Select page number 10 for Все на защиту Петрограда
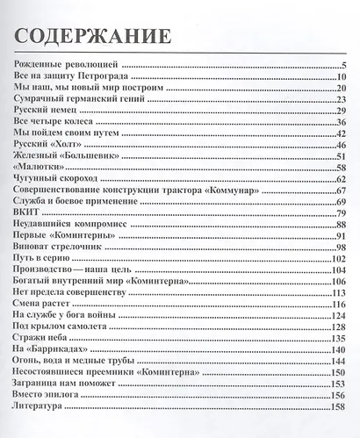342,78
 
